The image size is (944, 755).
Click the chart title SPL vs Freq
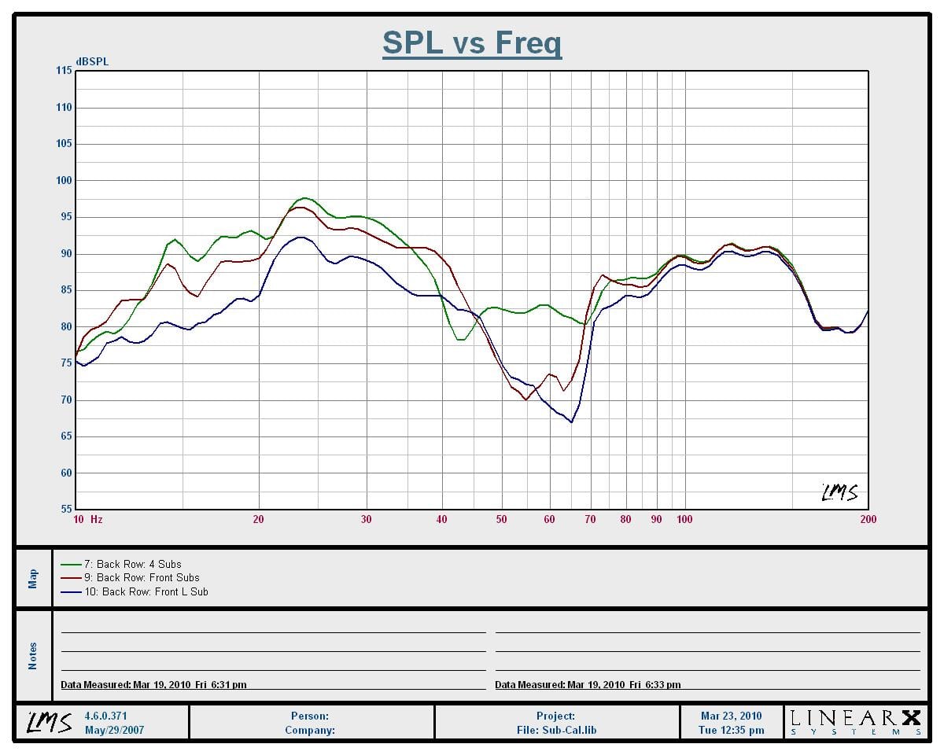point(472,43)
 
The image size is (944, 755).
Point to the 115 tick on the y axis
point(63,71)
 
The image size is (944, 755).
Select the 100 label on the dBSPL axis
point(63,180)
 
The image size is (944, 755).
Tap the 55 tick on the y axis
point(65,510)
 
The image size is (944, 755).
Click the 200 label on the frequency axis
point(868,519)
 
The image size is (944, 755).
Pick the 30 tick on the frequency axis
point(366,519)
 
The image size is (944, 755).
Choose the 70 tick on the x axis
point(590,519)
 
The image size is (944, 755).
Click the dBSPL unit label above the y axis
point(92,61)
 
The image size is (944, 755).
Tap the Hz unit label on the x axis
point(96,519)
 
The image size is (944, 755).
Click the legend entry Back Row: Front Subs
point(142,577)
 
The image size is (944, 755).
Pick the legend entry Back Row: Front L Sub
point(146,591)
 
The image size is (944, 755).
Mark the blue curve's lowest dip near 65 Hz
point(572,422)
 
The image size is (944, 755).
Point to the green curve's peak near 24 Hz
point(304,198)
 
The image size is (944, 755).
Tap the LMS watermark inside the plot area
point(839,492)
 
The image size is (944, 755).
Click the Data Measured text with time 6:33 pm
point(588,685)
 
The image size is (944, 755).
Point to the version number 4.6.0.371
point(105,716)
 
